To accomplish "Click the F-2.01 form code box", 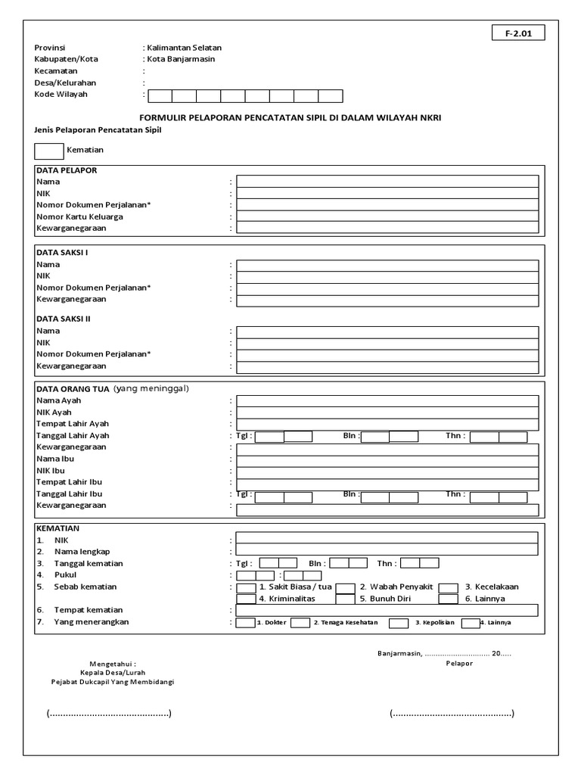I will [518, 33].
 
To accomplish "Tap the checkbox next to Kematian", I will [48, 150].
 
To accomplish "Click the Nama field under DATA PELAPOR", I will [387, 182].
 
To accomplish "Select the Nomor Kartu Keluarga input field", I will [387, 216].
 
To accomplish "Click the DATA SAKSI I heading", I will [63, 252].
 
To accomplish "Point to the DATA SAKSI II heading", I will [64, 319].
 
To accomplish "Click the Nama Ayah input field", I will [387, 400].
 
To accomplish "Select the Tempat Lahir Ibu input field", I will [387, 482].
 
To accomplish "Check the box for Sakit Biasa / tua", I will [246, 587].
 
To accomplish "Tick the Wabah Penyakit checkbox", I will [346, 587].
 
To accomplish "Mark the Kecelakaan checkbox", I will [449, 587].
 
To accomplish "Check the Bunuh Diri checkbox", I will [346, 599].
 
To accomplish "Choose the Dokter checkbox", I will [245, 623].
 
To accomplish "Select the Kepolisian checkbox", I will [399, 623].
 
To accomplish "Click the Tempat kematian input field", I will [387, 610].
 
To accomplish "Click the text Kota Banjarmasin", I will [176, 59].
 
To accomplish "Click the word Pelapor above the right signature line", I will [458, 664].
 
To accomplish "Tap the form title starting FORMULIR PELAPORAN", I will [290, 118].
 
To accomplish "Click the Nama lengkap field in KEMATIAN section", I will [387, 552].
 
